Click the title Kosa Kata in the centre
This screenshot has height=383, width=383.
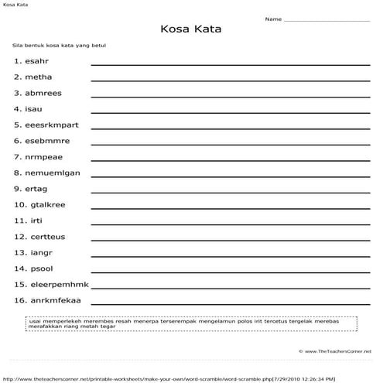point(190,29)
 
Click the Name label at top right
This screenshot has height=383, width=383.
point(273,19)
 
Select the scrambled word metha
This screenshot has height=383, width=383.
point(39,77)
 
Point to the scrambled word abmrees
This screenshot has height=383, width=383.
point(43,93)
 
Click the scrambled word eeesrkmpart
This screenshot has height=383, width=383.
point(51,125)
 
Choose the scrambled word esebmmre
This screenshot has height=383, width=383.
point(47,141)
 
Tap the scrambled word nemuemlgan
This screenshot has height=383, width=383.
point(52,173)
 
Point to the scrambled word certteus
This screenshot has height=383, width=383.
point(47,237)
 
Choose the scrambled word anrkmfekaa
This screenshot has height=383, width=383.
point(55,300)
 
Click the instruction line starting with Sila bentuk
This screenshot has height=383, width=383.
point(65,46)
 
